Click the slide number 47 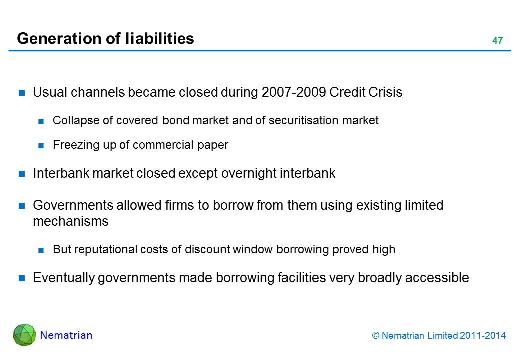497,40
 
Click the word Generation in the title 59,39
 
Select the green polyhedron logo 24,335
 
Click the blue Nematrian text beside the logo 66,335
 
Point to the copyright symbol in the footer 375,336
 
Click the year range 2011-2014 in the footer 483,336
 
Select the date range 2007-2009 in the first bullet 294,92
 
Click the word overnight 248,173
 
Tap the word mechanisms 71,221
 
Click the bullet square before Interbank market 22,173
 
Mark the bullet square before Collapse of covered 41,121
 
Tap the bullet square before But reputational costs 41,250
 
